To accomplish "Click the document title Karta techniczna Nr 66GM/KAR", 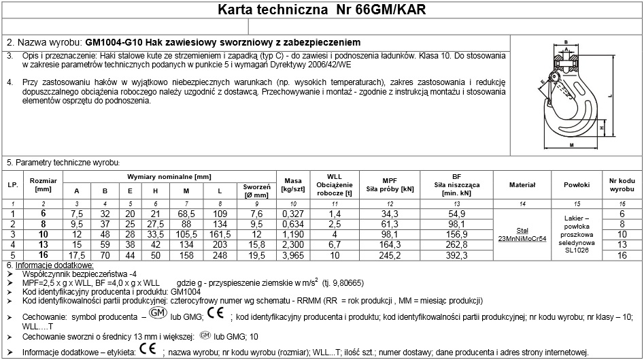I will point(322,10).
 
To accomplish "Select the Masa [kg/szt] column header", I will point(292,184).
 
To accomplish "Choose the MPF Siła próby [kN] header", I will point(389,184).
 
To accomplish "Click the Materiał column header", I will point(522,184).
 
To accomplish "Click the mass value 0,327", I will point(292,214).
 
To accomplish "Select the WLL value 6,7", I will point(335,244).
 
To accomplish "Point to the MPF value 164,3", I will point(389,244).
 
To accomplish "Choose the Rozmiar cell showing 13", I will point(44,244).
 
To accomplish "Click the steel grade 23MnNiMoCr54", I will point(522,238).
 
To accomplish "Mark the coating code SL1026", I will point(577,250).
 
